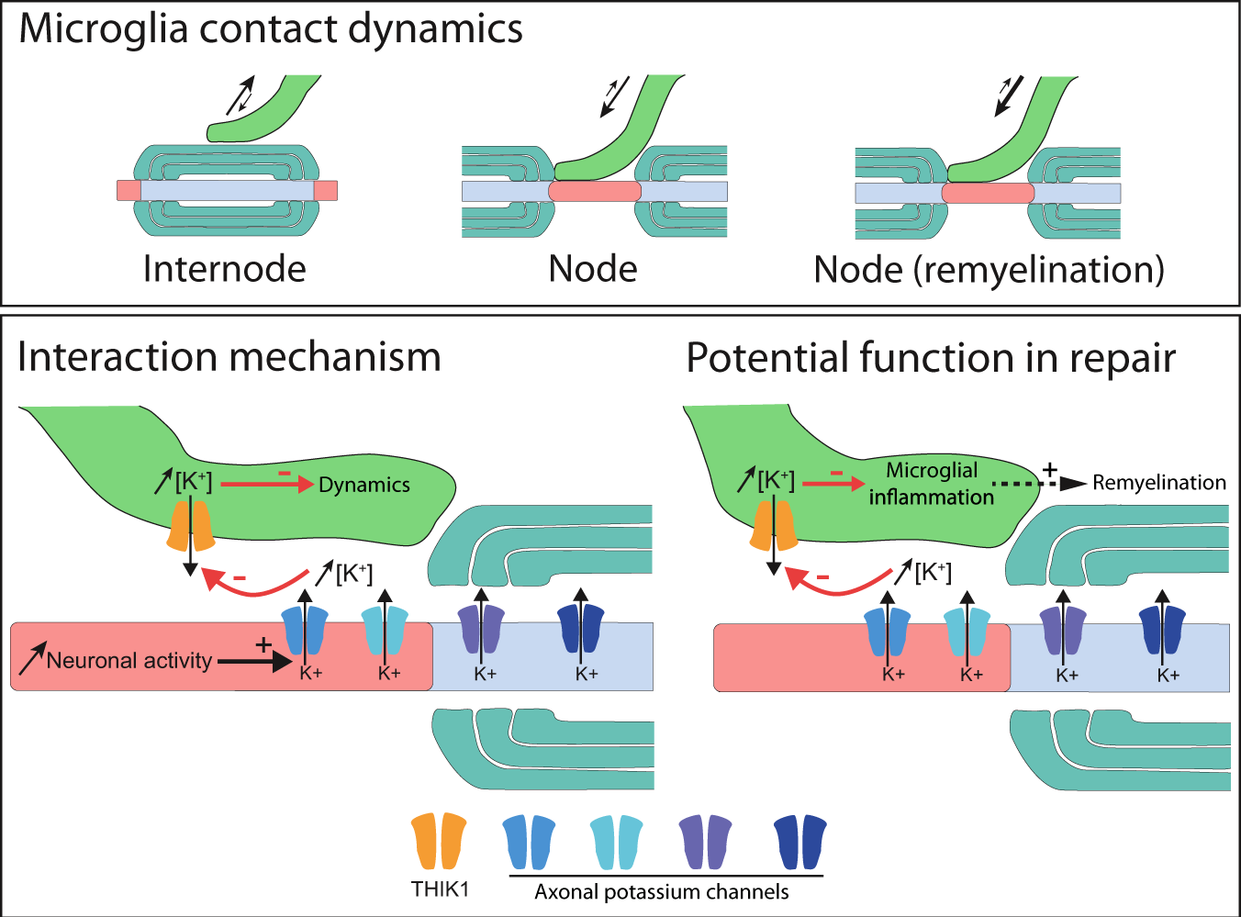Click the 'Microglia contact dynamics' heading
(x=271, y=29)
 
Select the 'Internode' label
(x=225, y=269)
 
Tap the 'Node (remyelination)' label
(x=989, y=270)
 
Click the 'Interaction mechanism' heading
(x=229, y=357)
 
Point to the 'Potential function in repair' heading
(x=931, y=358)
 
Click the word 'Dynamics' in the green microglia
(x=364, y=485)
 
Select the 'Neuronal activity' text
(x=129, y=660)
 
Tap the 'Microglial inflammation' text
(x=931, y=484)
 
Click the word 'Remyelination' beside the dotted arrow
(x=1158, y=483)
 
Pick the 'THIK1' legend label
(x=440, y=889)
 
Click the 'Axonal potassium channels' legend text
(x=662, y=891)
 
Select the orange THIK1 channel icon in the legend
(x=439, y=841)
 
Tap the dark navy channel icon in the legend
(x=800, y=842)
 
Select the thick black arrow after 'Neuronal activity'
(x=254, y=660)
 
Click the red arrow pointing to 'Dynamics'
(x=267, y=484)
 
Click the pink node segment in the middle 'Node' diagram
(x=595, y=191)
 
